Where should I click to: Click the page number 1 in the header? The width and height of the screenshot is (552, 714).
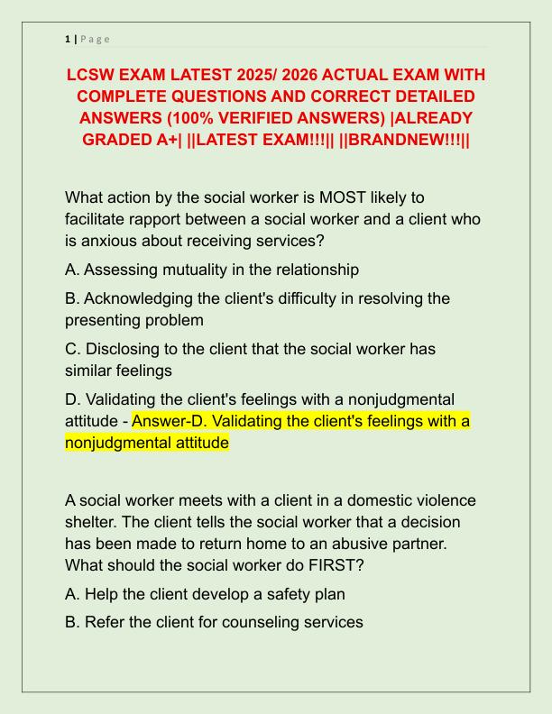coord(68,39)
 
